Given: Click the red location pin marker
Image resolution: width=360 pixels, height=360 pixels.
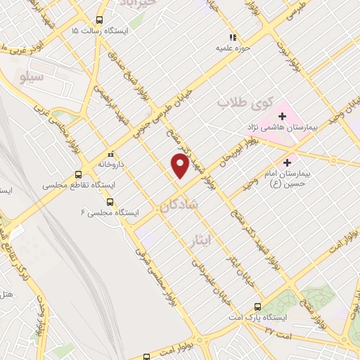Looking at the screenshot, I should (181, 165).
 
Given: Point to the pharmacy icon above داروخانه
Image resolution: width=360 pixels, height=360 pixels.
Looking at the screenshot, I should (110, 154).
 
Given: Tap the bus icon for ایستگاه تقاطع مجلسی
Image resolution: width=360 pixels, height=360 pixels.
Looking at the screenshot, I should (78, 175).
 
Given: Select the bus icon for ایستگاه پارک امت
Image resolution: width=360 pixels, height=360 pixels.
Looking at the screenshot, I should (257, 307).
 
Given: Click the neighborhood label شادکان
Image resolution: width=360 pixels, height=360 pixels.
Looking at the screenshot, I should (181, 205).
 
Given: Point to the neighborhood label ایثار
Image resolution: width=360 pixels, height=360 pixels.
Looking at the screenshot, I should (202, 241).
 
